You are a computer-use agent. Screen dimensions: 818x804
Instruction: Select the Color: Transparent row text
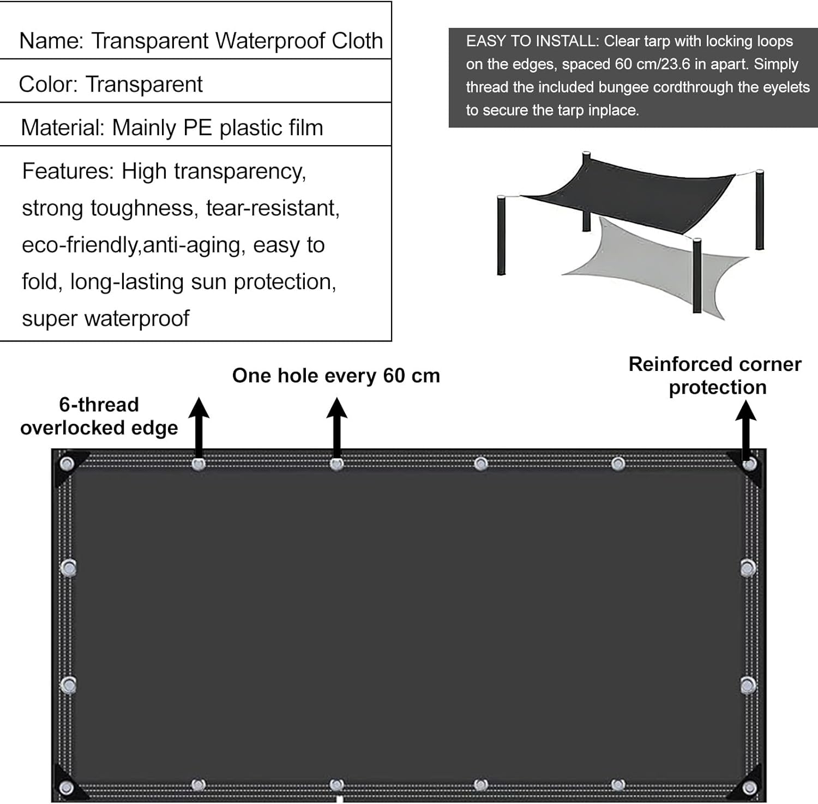point(111,85)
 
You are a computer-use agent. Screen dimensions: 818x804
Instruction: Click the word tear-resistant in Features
point(273,208)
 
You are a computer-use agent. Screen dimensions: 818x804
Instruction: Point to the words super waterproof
point(106,318)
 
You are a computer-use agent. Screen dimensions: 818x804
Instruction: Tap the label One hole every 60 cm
point(336,376)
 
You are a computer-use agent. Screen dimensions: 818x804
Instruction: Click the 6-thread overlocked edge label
point(99,416)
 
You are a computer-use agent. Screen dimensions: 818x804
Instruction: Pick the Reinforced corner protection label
point(715,375)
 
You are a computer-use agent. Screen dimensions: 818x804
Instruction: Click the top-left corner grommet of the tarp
point(67,465)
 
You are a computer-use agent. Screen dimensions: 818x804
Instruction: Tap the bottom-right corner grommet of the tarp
point(750,788)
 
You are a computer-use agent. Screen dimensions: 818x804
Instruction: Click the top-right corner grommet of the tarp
point(750,464)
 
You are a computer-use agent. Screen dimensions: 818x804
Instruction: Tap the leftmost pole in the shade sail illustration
point(501,236)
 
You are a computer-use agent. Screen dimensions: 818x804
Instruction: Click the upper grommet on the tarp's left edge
point(68,568)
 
